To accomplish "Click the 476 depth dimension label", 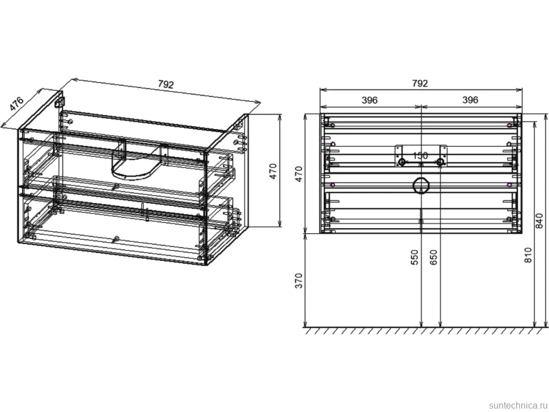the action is tap(16, 103).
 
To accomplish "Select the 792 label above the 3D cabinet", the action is tap(166, 84).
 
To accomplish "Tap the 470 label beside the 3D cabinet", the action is tap(273, 171).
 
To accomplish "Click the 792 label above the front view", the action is tap(420, 83).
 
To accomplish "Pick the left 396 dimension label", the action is tap(370, 100).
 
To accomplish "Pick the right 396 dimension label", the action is tap(470, 100).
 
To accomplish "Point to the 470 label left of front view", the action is tap(298, 174).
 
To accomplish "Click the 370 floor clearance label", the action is tap(298, 281).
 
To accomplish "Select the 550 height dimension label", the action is tap(414, 257).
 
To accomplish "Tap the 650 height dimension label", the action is tap(434, 257).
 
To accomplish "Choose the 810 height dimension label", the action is tap(529, 255).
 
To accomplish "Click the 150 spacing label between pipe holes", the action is tap(420, 156).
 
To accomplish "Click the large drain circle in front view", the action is tap(421, 185).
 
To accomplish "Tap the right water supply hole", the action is tap(440, 162).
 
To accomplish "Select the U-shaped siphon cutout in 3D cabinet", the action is tap(130, 174).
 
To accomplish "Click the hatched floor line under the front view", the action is tap(426, 330).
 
